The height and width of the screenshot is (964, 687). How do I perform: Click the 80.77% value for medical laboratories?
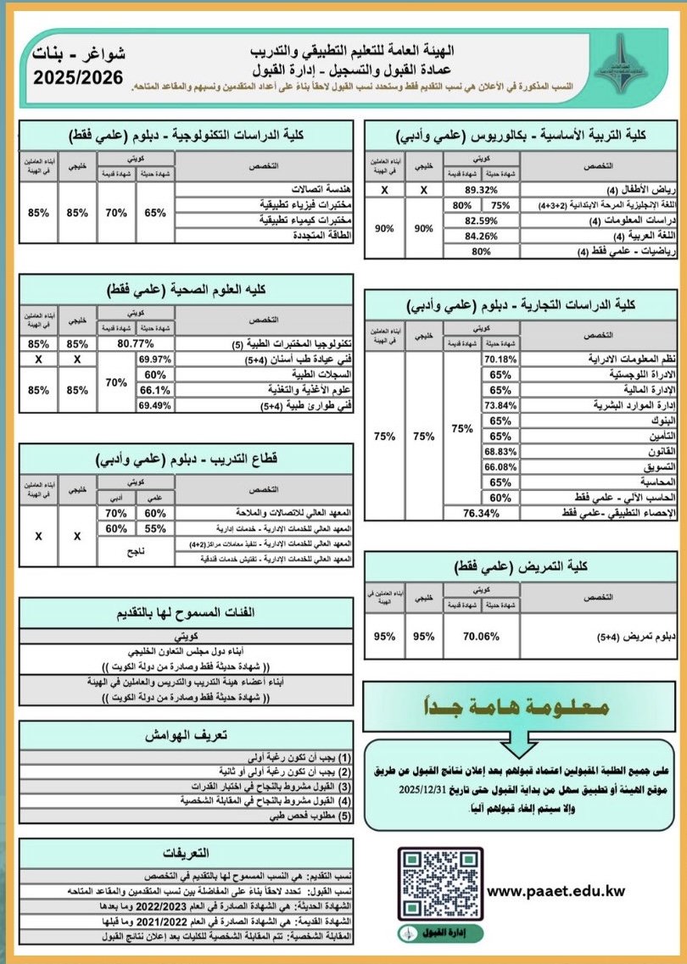pyautogui.click(x=136, y=344)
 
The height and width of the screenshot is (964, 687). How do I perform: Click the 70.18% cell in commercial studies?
pyautogui.click(x=500, y=359)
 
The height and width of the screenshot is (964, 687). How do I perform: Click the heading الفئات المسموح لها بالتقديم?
pyautogui.click(x=185, y=615)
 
